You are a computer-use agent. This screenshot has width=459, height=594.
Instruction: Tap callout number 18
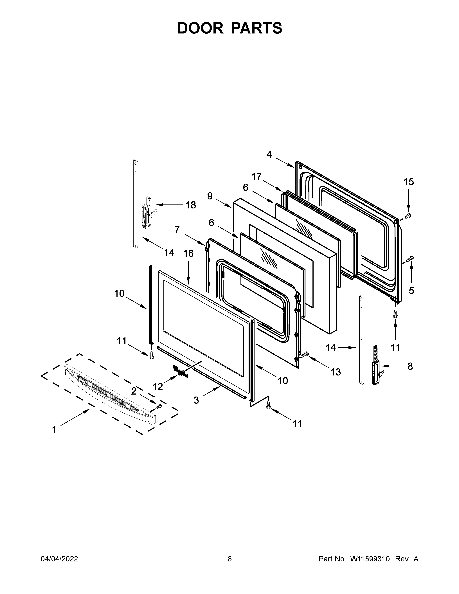(191, 205)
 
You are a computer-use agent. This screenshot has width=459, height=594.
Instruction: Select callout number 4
(269, 155)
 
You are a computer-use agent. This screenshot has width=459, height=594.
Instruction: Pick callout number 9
(210, 196)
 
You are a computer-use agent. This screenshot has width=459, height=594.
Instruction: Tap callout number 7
(177, 230)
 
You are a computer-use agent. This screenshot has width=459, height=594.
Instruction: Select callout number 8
(410, 366)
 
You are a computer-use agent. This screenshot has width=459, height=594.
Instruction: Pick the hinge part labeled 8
(377, 365)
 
